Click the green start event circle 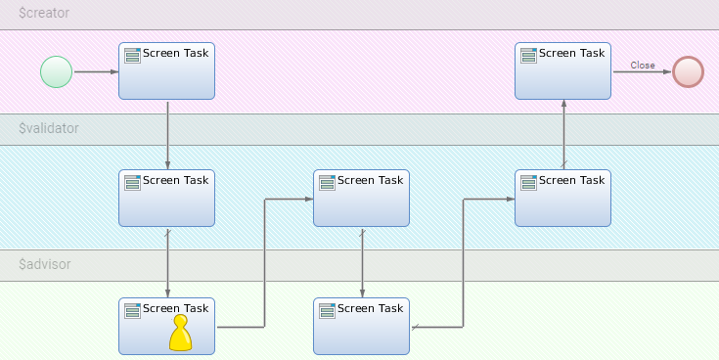[x=57, y=71]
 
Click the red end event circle [x=688, y=71]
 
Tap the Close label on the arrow [x=643, y=66]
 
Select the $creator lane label [x=45, y=15]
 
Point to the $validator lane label [x=49, y=128]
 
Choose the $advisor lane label [x=45, y=264]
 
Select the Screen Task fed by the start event [x=166, y=70]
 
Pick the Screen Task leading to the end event [x=562, y=70]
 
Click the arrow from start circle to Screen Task [x=96, y=71]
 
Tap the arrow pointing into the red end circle [x=641, y=71]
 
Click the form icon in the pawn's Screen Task [x=132, y=310]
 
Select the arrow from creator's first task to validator [x=167, y=134]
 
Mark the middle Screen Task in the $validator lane [x=361, y=198]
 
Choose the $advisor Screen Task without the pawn [x=361, y=326]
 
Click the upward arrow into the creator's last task [x=563, y=134]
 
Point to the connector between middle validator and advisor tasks [x=363, y=261]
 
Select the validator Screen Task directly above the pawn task [x=166, y=198]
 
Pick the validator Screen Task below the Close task [x=562, y=198]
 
